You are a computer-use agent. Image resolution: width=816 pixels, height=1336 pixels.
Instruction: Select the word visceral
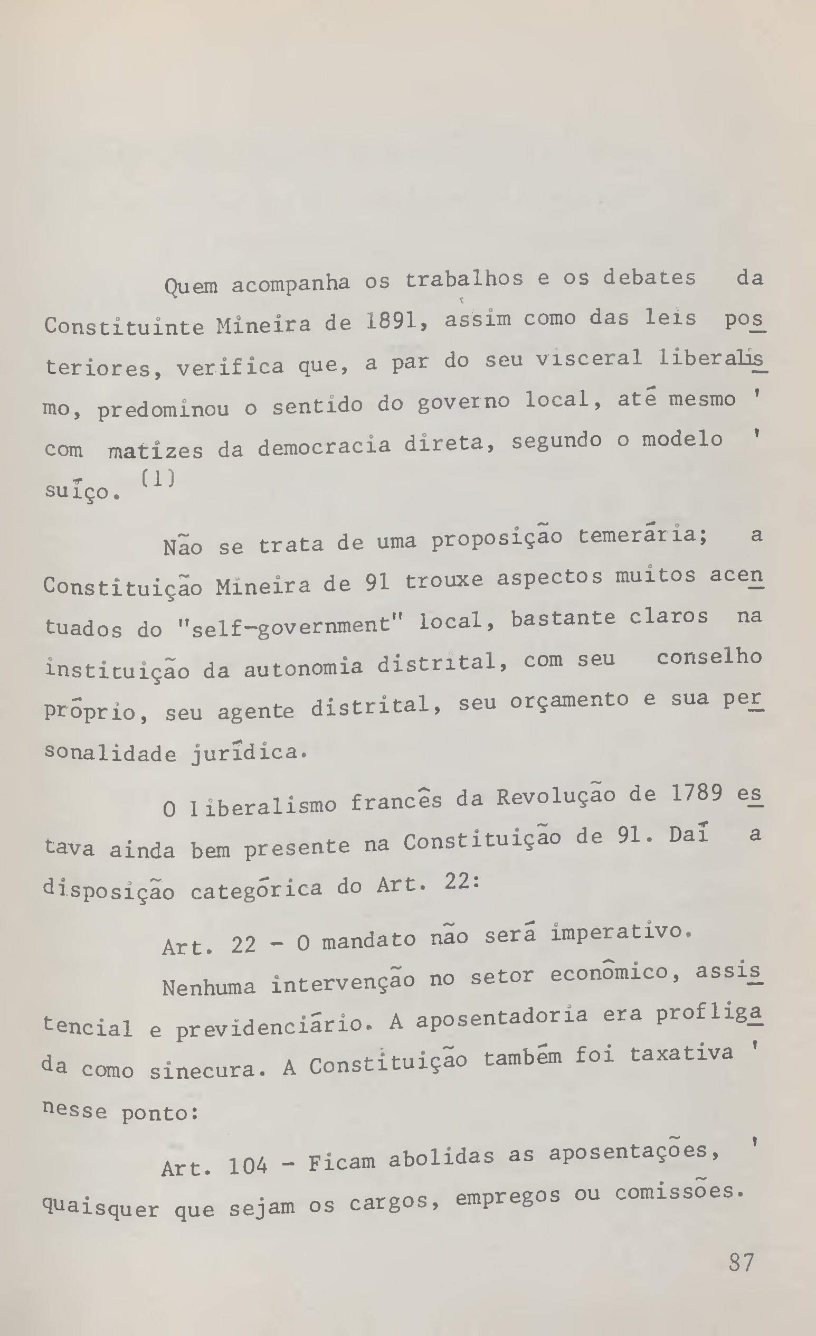coord(589,359)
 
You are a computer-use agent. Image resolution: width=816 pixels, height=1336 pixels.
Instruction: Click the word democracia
coord(324,447)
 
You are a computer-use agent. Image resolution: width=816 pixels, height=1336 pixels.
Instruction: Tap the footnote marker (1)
coord(158,478)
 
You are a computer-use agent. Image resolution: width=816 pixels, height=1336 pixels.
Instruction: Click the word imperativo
coord(621,932)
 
